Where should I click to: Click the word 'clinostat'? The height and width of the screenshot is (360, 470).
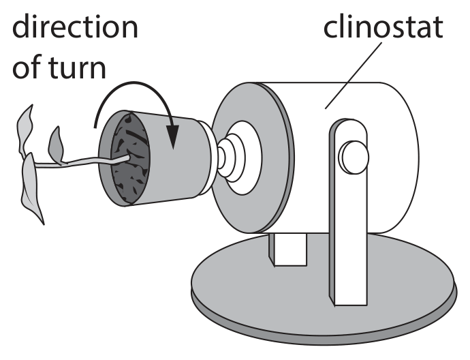(383, 27)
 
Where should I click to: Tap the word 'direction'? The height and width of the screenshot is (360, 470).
(75, 27)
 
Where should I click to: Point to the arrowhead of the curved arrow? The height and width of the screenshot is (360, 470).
(172, 136)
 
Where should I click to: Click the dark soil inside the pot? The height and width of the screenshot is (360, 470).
(131, 159)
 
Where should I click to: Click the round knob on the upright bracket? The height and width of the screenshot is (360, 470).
(354, 157)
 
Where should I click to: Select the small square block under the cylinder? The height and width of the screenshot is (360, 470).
(288, 249)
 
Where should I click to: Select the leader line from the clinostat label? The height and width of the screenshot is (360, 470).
(354, 75)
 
